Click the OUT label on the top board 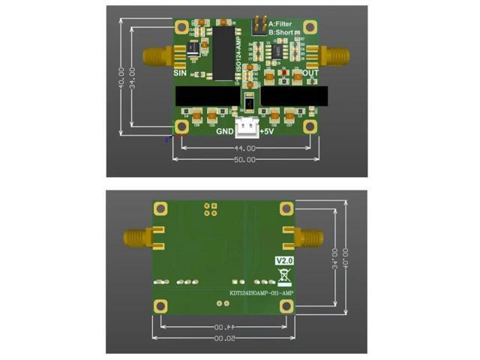pyautogui.click(x=310, y=73)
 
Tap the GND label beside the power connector pyautogui.click(x=225, y=132)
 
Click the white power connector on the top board pyautogui.click(x=247, y=127)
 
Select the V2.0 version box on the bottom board pyautogui.click(x=283, y=260)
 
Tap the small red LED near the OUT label pyautogui.click(x=286, y=72)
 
